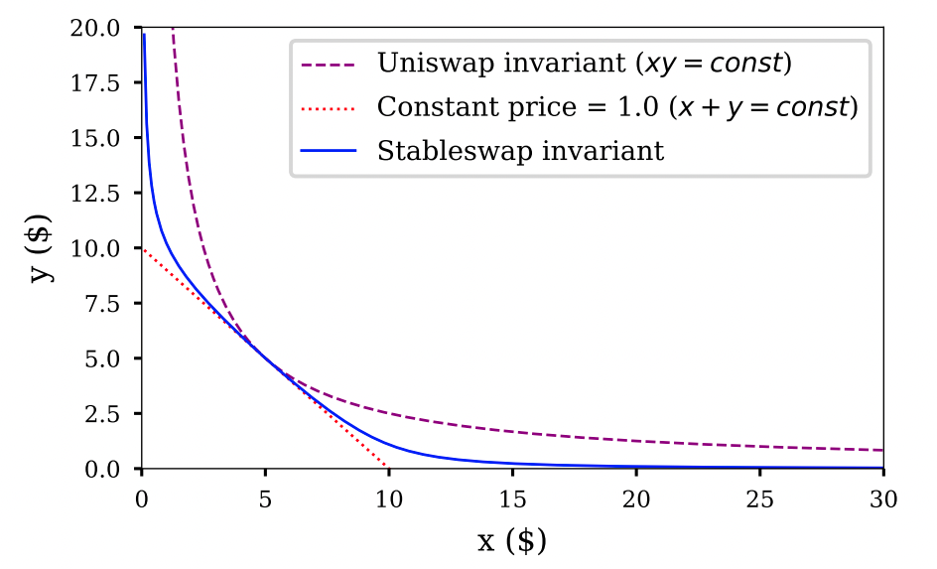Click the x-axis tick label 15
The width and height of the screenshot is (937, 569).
click(512, 497)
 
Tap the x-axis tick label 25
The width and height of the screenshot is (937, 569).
click(759, 497)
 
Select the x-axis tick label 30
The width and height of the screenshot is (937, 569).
click(882, 497)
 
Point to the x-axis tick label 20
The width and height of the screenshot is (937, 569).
click(636, 497)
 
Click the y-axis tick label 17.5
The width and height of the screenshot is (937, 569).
click(103, 83)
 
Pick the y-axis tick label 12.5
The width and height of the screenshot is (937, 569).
click(103, 194)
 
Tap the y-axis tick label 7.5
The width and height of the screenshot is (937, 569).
click(109, 304)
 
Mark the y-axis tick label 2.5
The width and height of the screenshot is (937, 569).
click(109, 413)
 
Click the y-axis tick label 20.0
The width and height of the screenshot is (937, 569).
click(103, 29)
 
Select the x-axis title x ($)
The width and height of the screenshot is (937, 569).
click(512, 541)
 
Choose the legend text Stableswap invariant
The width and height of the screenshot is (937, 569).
click(520, 151)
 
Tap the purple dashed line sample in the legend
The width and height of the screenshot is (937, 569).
click(329, 65)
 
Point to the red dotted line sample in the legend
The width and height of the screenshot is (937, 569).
click(329, 107)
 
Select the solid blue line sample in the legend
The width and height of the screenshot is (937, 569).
click(329, 151)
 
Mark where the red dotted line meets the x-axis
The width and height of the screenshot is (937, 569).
click(388, 468)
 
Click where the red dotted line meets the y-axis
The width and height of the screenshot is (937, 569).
click(143, 248)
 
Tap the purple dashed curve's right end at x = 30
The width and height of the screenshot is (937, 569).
click(881, 451)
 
